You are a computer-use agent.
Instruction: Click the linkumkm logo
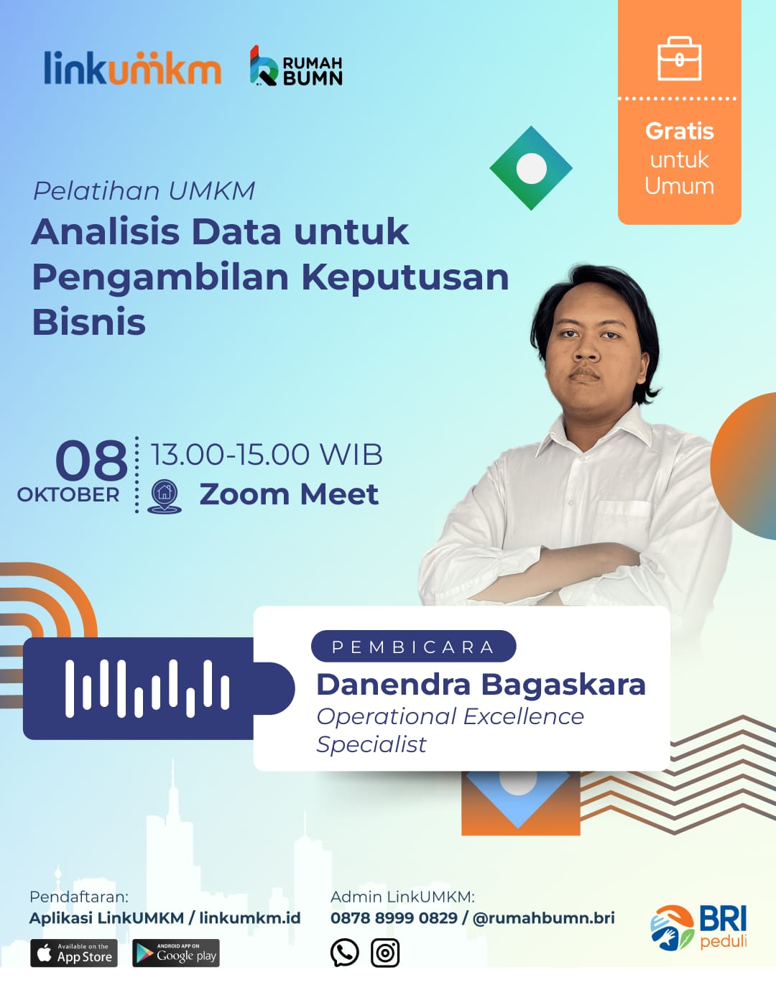point(133,68)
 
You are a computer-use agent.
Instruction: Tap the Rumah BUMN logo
point(296,65)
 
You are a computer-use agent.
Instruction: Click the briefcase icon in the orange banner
point(680,59)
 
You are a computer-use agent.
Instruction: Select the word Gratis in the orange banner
point(680,131)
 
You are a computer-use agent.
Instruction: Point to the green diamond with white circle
point(531,168)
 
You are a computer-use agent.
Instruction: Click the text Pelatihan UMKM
point(144,191)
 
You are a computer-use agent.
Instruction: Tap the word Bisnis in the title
point(89,322)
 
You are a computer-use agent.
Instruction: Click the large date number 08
point(91,461)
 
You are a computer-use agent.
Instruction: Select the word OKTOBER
point(68,495)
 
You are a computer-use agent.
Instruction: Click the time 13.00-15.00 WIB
point(267,455)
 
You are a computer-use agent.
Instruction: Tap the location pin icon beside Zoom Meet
point(165,496)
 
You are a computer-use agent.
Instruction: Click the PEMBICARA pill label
point(413,646)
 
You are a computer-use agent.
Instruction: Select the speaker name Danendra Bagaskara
point(481,684)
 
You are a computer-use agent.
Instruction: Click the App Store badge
point(74,953)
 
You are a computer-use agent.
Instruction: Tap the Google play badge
point(176,953)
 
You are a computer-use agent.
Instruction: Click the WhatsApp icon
point(344,952)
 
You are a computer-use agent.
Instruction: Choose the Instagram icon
point(385,952)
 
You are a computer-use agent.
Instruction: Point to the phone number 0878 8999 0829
point(394,917)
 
